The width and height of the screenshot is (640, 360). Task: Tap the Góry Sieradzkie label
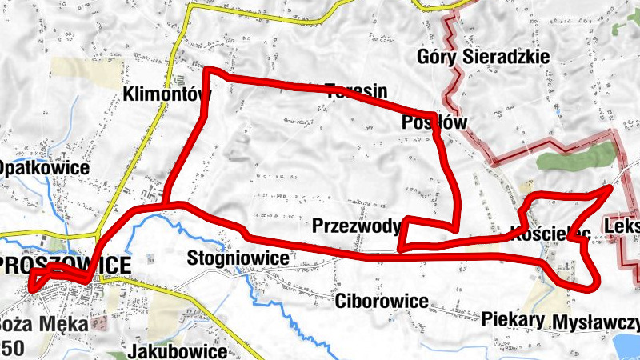tap(483, 58)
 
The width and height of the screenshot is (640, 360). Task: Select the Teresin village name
tap(356, 90)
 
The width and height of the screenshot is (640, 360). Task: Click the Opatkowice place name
tap(43, 169)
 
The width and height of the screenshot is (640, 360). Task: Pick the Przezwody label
tap(357, 226)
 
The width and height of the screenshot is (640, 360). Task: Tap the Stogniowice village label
tap(237, 258)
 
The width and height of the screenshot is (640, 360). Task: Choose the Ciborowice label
tap(382, 302)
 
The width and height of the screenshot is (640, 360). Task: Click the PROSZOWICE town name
tap(66, 266)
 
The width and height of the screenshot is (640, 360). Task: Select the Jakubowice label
tap(177, 351)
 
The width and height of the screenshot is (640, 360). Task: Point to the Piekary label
tap(514, 319)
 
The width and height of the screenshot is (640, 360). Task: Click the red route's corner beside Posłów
tap(436, 115)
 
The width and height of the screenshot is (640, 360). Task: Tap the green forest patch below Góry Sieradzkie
tap(572, 155)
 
